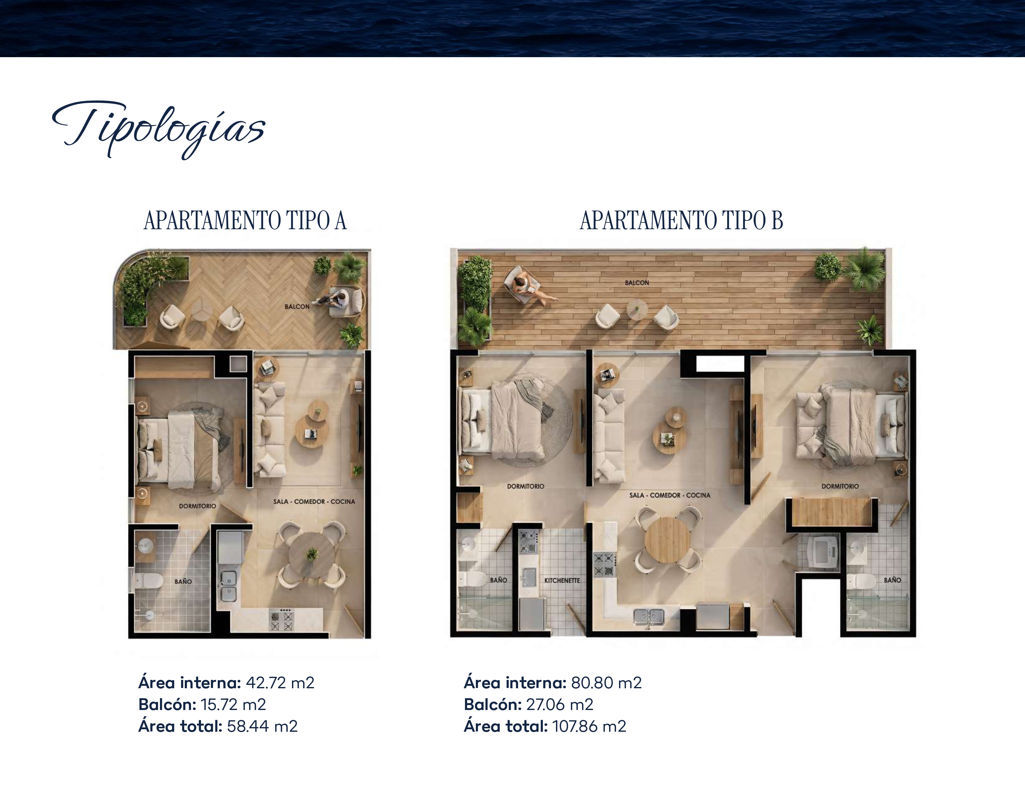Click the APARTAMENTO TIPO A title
coord(245,221)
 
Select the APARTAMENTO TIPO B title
coord(681,221)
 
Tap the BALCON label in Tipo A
coord(297,306)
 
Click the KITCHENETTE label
coord(562,580)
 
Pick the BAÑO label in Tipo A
coord(183,581)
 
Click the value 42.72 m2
coord(280,683)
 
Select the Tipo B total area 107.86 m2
coord(589,726)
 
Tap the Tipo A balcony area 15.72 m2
coord(233,704)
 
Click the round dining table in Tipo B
coord(668,539)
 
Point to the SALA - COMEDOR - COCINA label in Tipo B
coord(670,495)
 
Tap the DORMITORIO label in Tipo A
coord(198,506)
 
